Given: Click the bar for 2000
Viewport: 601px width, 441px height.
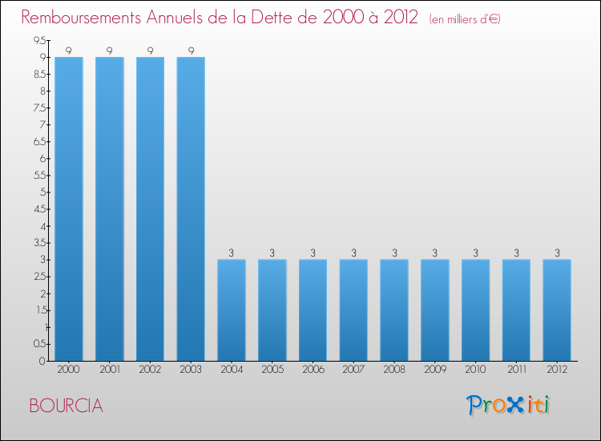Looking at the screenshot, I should (69, 208).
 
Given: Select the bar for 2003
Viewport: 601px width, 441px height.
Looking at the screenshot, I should (191, 208).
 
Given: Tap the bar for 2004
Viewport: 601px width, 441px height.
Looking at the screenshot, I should (232, 310).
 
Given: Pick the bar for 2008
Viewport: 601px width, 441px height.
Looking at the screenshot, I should (394, 310).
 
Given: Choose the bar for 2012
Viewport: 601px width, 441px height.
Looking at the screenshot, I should (557, 310).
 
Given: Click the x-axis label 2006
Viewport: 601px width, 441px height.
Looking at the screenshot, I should (313, 370).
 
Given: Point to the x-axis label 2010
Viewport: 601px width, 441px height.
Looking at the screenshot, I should (475, 370).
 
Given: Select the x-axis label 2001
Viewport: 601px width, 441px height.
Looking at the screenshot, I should (109, 370).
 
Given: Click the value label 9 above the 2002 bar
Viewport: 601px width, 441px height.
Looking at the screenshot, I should (150, 51).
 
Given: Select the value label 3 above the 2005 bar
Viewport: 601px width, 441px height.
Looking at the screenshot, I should (272, 253).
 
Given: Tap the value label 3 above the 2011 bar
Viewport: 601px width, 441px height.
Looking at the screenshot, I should (516, 253).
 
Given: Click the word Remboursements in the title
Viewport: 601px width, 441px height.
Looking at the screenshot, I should (84, 18).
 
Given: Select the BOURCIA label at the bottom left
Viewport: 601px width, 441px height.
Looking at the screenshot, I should (66, 406).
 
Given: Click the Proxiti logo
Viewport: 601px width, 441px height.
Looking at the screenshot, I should (508, 405).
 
